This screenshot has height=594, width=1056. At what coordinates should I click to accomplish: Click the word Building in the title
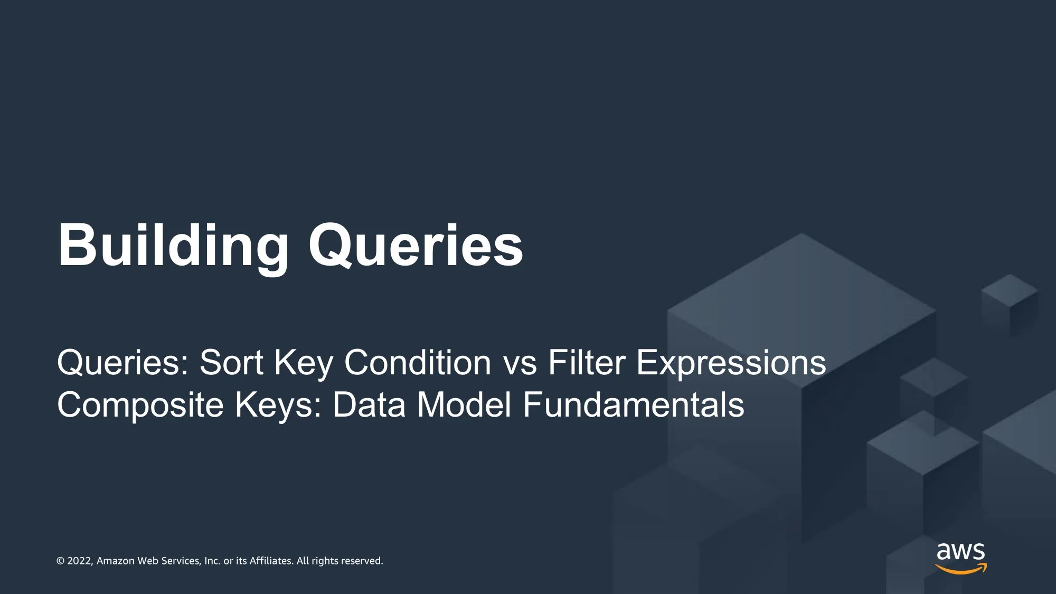click(x=173, y=246)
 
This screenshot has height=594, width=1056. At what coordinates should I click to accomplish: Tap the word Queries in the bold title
click(x=416, y=246)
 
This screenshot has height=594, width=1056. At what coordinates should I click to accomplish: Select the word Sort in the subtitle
click(x=231, y=363)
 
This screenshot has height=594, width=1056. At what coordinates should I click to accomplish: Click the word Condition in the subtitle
click(x=418, y=363)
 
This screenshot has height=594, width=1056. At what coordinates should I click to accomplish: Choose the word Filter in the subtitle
click(x=587, y=363)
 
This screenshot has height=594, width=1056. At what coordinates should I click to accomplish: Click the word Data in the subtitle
click(x=369, y=405)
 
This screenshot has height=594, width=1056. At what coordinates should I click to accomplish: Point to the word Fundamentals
click(x=634, y=405)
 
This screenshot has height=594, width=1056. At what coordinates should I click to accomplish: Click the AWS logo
click(x=961, y=558)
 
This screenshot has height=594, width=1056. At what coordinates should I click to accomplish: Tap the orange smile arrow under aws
click(x=961, y=569)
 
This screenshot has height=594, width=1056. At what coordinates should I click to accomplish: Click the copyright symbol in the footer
click(x=61, y=561)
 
